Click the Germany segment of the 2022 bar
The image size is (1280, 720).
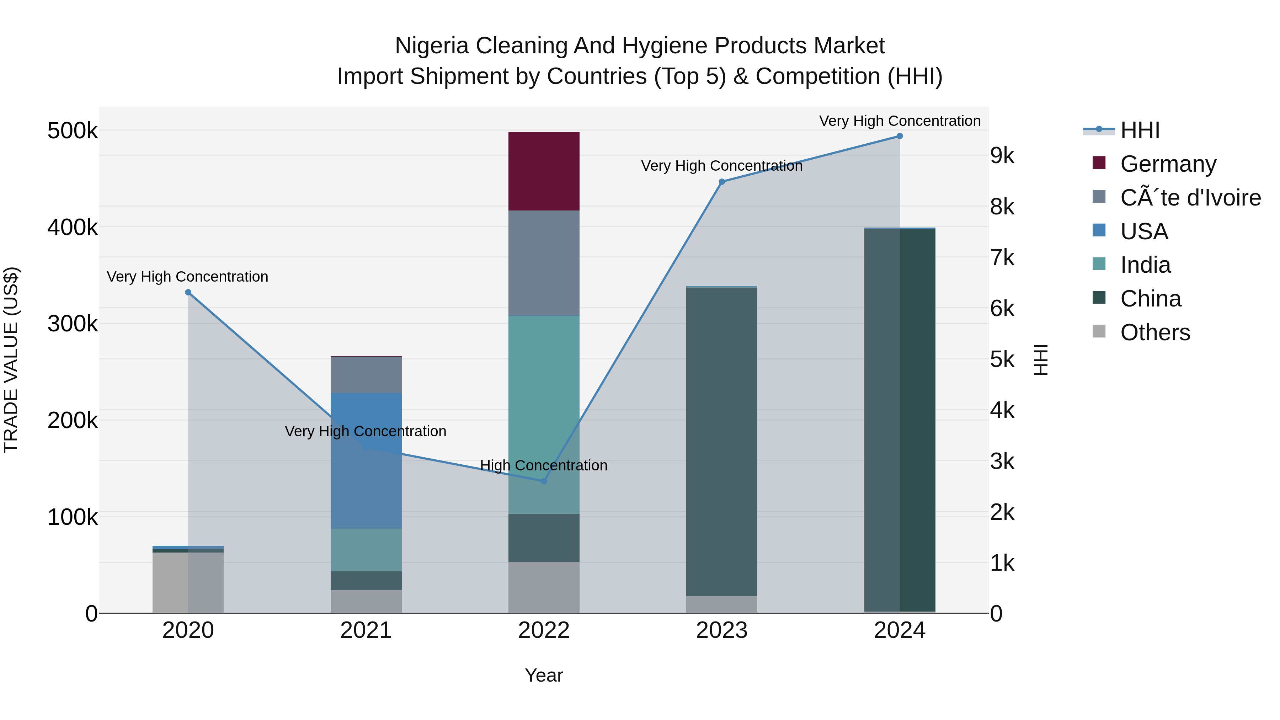tap(544, 171)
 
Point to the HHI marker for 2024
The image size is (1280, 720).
tap(900, 136)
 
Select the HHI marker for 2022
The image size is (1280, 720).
tap(544, 481)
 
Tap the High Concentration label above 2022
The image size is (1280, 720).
tap(544, 465)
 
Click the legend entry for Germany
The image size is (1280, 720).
tap(1168, 164)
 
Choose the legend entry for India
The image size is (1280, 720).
tap(1145, 265)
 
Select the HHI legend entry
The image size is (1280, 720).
tap(1140, 130)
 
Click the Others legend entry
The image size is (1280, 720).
tap(1155, 332)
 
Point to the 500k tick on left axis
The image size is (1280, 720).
tap(73, 131)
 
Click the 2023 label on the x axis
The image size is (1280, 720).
tap(721, 630)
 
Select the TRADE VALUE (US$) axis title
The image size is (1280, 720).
tap(11, 360)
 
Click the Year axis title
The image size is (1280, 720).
tap(544, 675)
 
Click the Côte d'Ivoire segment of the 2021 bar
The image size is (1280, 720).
tap(366, 375)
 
